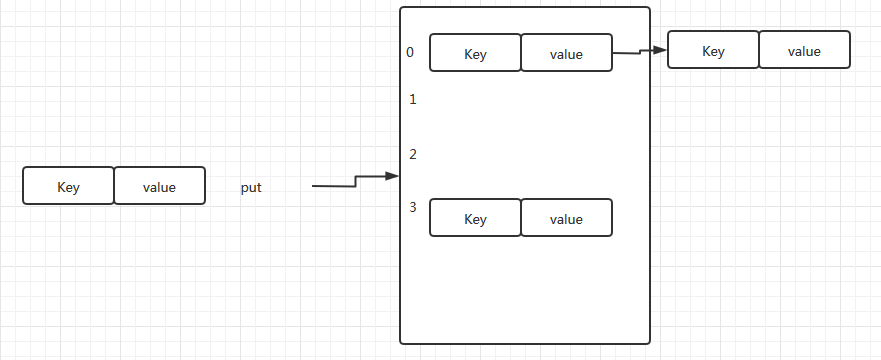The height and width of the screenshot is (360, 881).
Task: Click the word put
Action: pyautogui.click(x=251, y=188)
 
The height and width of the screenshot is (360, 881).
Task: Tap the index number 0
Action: pyautogui.click(x=410, y=52)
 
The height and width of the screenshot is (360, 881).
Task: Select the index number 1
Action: pyautogui.click(x=413, y=99)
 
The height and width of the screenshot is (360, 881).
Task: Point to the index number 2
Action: pyautogui.click(x=413, y=154)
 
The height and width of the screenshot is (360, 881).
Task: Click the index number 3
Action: pyautogui.click(x=413, y=207)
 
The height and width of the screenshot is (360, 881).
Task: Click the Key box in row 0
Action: pyautogui.click(x=475, y=53)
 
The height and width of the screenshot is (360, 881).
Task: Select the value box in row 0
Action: pyautogui.click(x=566, y=53)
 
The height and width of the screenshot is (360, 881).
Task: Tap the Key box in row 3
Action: pyautogui.click(x=475, y=217)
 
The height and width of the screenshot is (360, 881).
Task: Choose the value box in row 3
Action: pyautogui.click(x=566, y=217)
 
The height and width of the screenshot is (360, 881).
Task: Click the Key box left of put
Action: pyautogui.click(x=69, y=185)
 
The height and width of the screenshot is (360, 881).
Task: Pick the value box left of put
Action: pyautogui.click(x=160, y=185)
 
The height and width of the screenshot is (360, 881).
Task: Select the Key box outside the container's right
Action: pyautogui.click(x=714, y=49)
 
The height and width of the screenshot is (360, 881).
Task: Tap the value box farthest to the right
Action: pyautogui.click(x=805, y=49)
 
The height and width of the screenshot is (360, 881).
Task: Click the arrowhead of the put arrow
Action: pyautogui.click(x=392, y=176)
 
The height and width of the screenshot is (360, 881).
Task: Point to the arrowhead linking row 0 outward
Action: pyautogui.click(x=660, y=50)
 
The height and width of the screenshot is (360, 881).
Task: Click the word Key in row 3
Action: pyautogui.click(x=475, y=219)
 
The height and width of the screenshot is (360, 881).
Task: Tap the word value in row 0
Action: pyautogui.click(x=566, y=54)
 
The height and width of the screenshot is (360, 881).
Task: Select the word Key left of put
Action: pyautogui.click(x=69, y=187)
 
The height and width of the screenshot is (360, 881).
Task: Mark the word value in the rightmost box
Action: pyautogui.click(x=805, y=52)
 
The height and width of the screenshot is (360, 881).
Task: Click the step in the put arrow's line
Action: pyautogui.click(x=355, y=181)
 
